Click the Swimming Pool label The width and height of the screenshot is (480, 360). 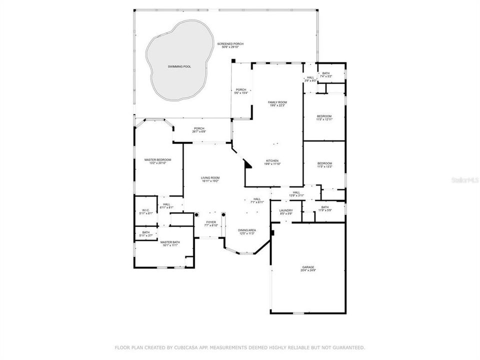(178, 66)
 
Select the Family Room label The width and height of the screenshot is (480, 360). (278, 102)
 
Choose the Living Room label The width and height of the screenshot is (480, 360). (210, 177)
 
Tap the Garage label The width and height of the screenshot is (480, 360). (308, 267)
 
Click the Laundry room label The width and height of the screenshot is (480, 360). (286, 210)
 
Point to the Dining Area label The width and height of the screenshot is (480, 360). (246, 230)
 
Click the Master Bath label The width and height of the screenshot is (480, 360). (170, 242)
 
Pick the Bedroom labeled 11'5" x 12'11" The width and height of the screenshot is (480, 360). (324, 116)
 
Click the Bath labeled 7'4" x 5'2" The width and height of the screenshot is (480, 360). (326, 73)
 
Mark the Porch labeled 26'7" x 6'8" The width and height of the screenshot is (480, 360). (199, 128)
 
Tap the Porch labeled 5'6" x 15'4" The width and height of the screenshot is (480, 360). (241, 90)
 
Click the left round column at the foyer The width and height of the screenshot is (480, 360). (197, 214)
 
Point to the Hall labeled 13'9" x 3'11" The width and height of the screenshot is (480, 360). (296, 192)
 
